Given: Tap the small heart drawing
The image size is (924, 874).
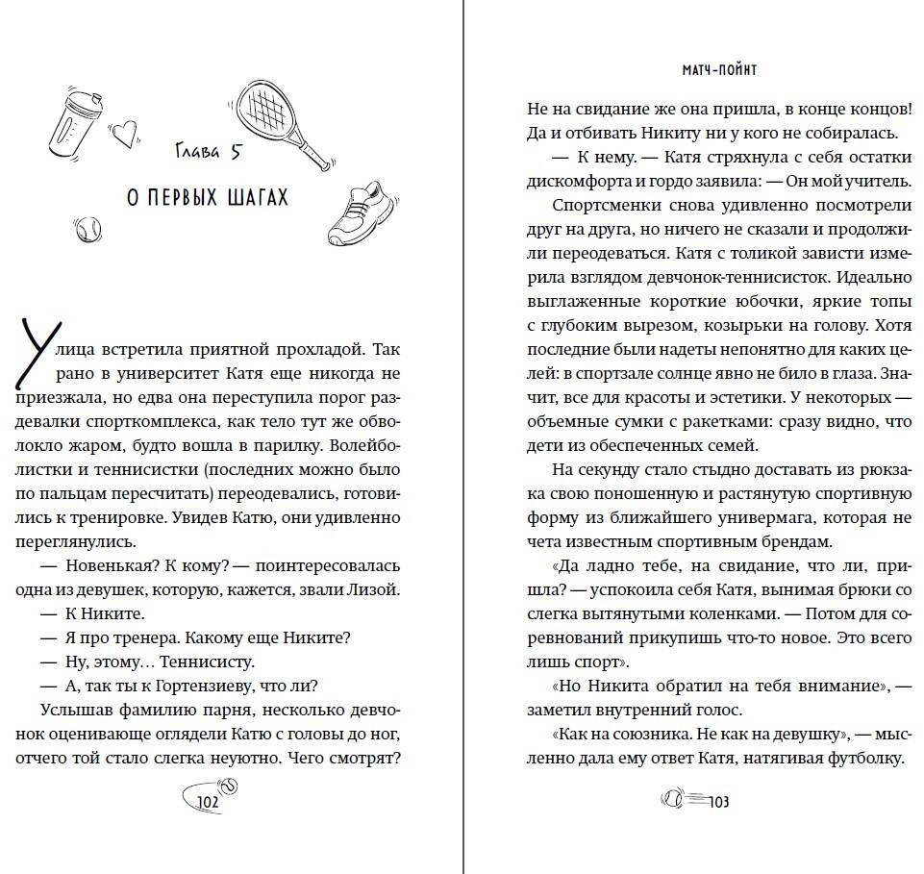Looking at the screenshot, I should [x=123, y=134].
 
